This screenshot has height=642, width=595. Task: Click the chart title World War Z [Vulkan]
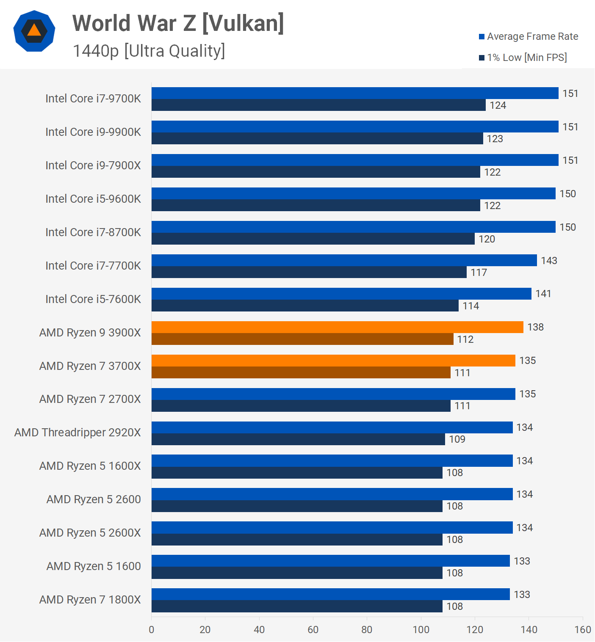pyautogui.click(x=178, y=23)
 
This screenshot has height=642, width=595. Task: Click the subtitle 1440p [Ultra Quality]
pyautogui.click(x=149, y=51)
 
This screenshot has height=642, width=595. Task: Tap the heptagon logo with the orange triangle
pyautogui.click(x=34, y=31)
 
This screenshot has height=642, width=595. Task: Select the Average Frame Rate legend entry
pyautogui.click(x=528, y=36)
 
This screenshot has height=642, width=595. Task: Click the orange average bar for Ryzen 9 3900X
pyautogui.click(x=337, y=327)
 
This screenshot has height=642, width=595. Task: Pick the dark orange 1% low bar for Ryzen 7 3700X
pyautogui.click(x=301, y=372)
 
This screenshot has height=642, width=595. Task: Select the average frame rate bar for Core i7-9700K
pyautogui.click(x=355, y=93)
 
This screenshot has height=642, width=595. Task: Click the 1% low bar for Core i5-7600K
pyautogui.click(x=305, y=306)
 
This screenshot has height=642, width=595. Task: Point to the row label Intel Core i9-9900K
pyautogui.click(x=93, y=132)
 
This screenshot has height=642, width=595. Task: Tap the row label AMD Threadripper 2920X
pyautogui.click(x=77, y=433)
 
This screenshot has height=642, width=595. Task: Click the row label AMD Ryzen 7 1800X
pyautogui.click(x=90, y=600)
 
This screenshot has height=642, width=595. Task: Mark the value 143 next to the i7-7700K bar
pyautogui.click(x=549, y=261)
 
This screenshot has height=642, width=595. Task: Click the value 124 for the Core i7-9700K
pyautogui.click(x=498, y=105)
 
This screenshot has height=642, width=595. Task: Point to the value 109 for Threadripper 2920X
pyautogui.click(x=457, y=439)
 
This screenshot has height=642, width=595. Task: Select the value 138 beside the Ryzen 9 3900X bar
pyautogui.click(x=535, y=327)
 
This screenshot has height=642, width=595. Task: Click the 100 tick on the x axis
pyautogui.click(x=421, y=630)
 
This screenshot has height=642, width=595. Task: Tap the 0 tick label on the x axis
pyautogui.click(x=152, y=630)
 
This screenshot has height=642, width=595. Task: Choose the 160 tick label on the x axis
pyautogui.click(x=583, y=630)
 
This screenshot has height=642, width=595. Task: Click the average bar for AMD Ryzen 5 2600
pyautogui.click(x=332, y=494)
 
